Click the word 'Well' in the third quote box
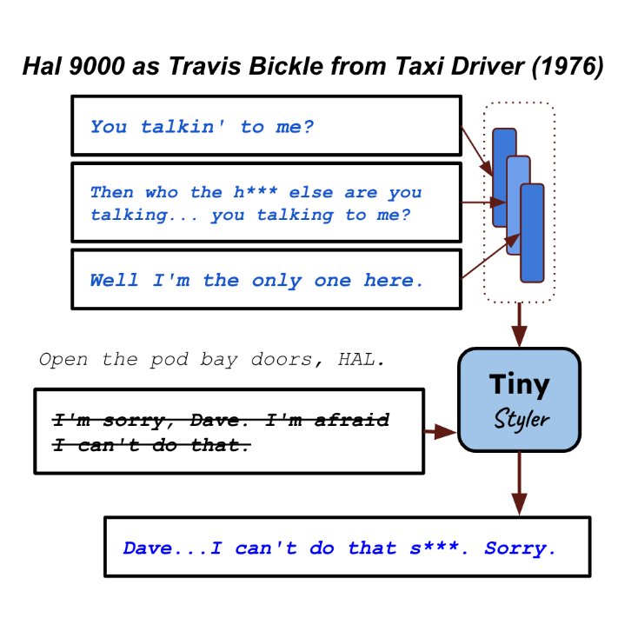click(x=114, y=281)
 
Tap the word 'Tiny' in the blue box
click(x=519, y=383)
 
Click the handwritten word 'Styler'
click(x=521, y=419)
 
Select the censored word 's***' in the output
click(x=434, y=548)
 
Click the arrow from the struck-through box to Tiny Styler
click(x=441, y=430)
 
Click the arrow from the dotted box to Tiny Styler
click(x=519, y=325)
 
